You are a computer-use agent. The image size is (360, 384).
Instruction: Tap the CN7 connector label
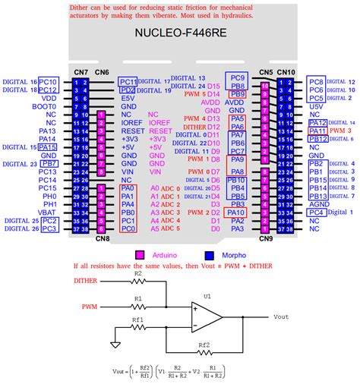click(x=81, y=72)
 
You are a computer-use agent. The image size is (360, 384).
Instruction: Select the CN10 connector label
click(x=286, y=72)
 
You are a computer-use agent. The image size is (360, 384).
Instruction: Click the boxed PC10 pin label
click(x=49, y=81)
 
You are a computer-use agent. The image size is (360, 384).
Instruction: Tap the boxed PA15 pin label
click(x=48, y=147)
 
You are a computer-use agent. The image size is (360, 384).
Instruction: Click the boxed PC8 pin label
click(x=317, y=81)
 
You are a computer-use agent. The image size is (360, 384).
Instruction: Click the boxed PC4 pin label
click(x=317, y=213)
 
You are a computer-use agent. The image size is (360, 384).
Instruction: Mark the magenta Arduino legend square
click(x=140, y=255)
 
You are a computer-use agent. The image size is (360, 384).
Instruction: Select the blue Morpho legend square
click(x=208, y=255)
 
